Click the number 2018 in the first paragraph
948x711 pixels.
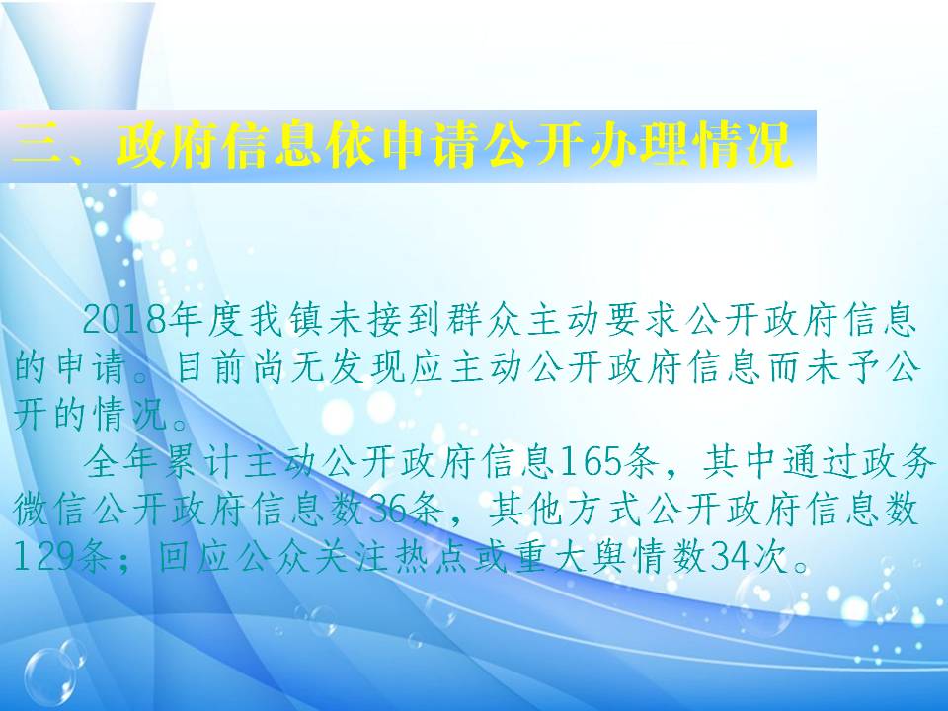(x=125, y=319)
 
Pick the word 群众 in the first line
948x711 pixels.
(x=485, y=319)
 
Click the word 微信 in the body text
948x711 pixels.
(x=50, y=510)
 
